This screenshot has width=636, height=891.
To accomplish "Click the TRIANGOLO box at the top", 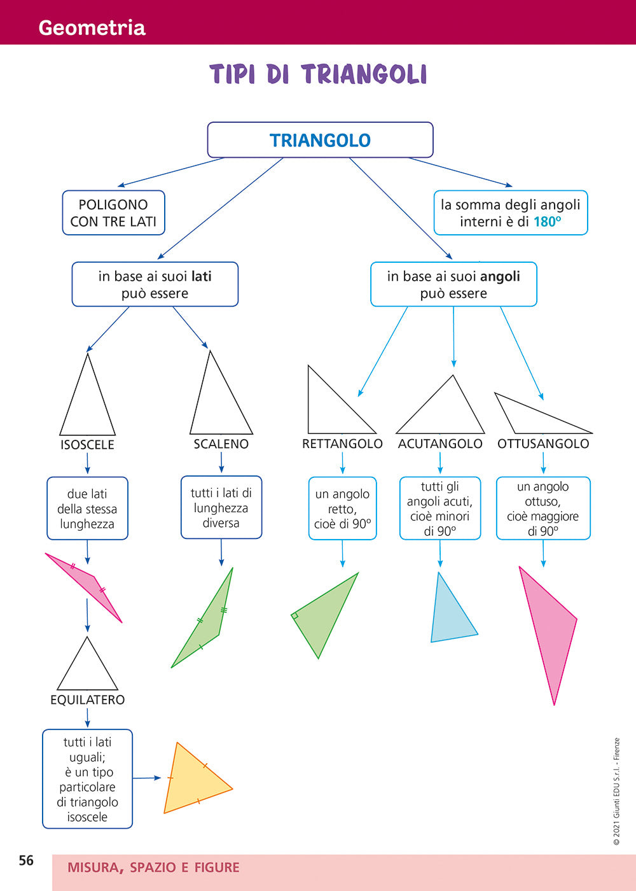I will point(320,140).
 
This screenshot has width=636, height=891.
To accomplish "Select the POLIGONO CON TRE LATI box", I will point(113,213).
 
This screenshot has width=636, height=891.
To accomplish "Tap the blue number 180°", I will point(547,222).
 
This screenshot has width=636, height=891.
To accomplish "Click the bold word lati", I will point(201,277).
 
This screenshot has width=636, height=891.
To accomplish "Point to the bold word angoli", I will point(500,277).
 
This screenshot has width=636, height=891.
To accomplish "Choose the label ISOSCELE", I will point(87,445).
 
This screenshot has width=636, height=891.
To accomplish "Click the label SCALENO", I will point(221,444).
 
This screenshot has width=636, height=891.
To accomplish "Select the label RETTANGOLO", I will point(342,444).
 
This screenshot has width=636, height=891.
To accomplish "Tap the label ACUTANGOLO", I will point(440,444).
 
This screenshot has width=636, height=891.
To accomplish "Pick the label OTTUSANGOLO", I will point(543,444).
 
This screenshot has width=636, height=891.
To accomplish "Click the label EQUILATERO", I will point(87,700).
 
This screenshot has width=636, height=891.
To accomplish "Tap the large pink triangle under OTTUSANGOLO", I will point(548,630).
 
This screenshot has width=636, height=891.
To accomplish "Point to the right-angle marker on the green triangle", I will point(295,615).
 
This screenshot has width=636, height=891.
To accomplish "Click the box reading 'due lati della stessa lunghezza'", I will point(87,509).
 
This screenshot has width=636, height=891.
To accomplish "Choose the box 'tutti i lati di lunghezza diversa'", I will point(221,508).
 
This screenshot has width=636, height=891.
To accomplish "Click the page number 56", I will point(26,860).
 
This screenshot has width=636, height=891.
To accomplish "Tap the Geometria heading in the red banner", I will point(92,27).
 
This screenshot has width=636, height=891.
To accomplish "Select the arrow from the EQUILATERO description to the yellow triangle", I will point(146,778).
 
